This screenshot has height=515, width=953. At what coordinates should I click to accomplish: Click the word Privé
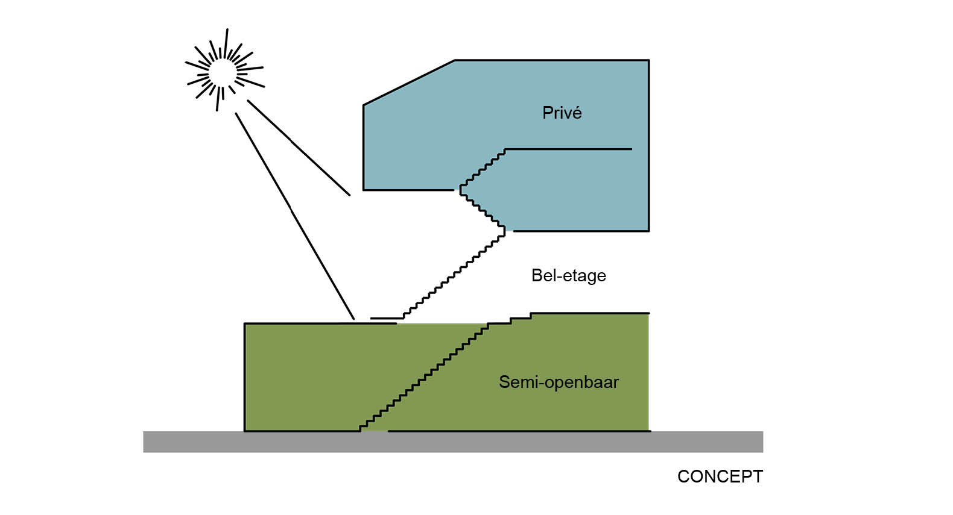562,113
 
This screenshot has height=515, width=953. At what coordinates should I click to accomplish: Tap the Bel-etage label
568,276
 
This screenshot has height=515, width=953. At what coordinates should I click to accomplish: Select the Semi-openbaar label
559,382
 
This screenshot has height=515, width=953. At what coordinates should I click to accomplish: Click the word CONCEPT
720,476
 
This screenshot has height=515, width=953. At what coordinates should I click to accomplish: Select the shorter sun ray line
299,148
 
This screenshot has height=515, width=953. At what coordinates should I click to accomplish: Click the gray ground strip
452,442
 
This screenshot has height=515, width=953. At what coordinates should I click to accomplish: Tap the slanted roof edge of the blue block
408,83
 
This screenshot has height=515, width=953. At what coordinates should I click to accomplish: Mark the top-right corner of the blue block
648,60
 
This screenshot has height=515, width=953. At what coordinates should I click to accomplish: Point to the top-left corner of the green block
245,324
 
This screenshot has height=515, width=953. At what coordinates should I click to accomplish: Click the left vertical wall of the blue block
363,148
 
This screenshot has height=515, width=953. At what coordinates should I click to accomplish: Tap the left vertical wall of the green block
244,377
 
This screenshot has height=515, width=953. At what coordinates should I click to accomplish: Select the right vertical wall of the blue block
648,145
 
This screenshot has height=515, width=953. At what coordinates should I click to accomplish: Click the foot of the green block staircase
361,428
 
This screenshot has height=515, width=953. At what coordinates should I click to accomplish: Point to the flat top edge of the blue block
551,60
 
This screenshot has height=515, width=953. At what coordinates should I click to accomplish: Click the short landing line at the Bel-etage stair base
386,318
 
